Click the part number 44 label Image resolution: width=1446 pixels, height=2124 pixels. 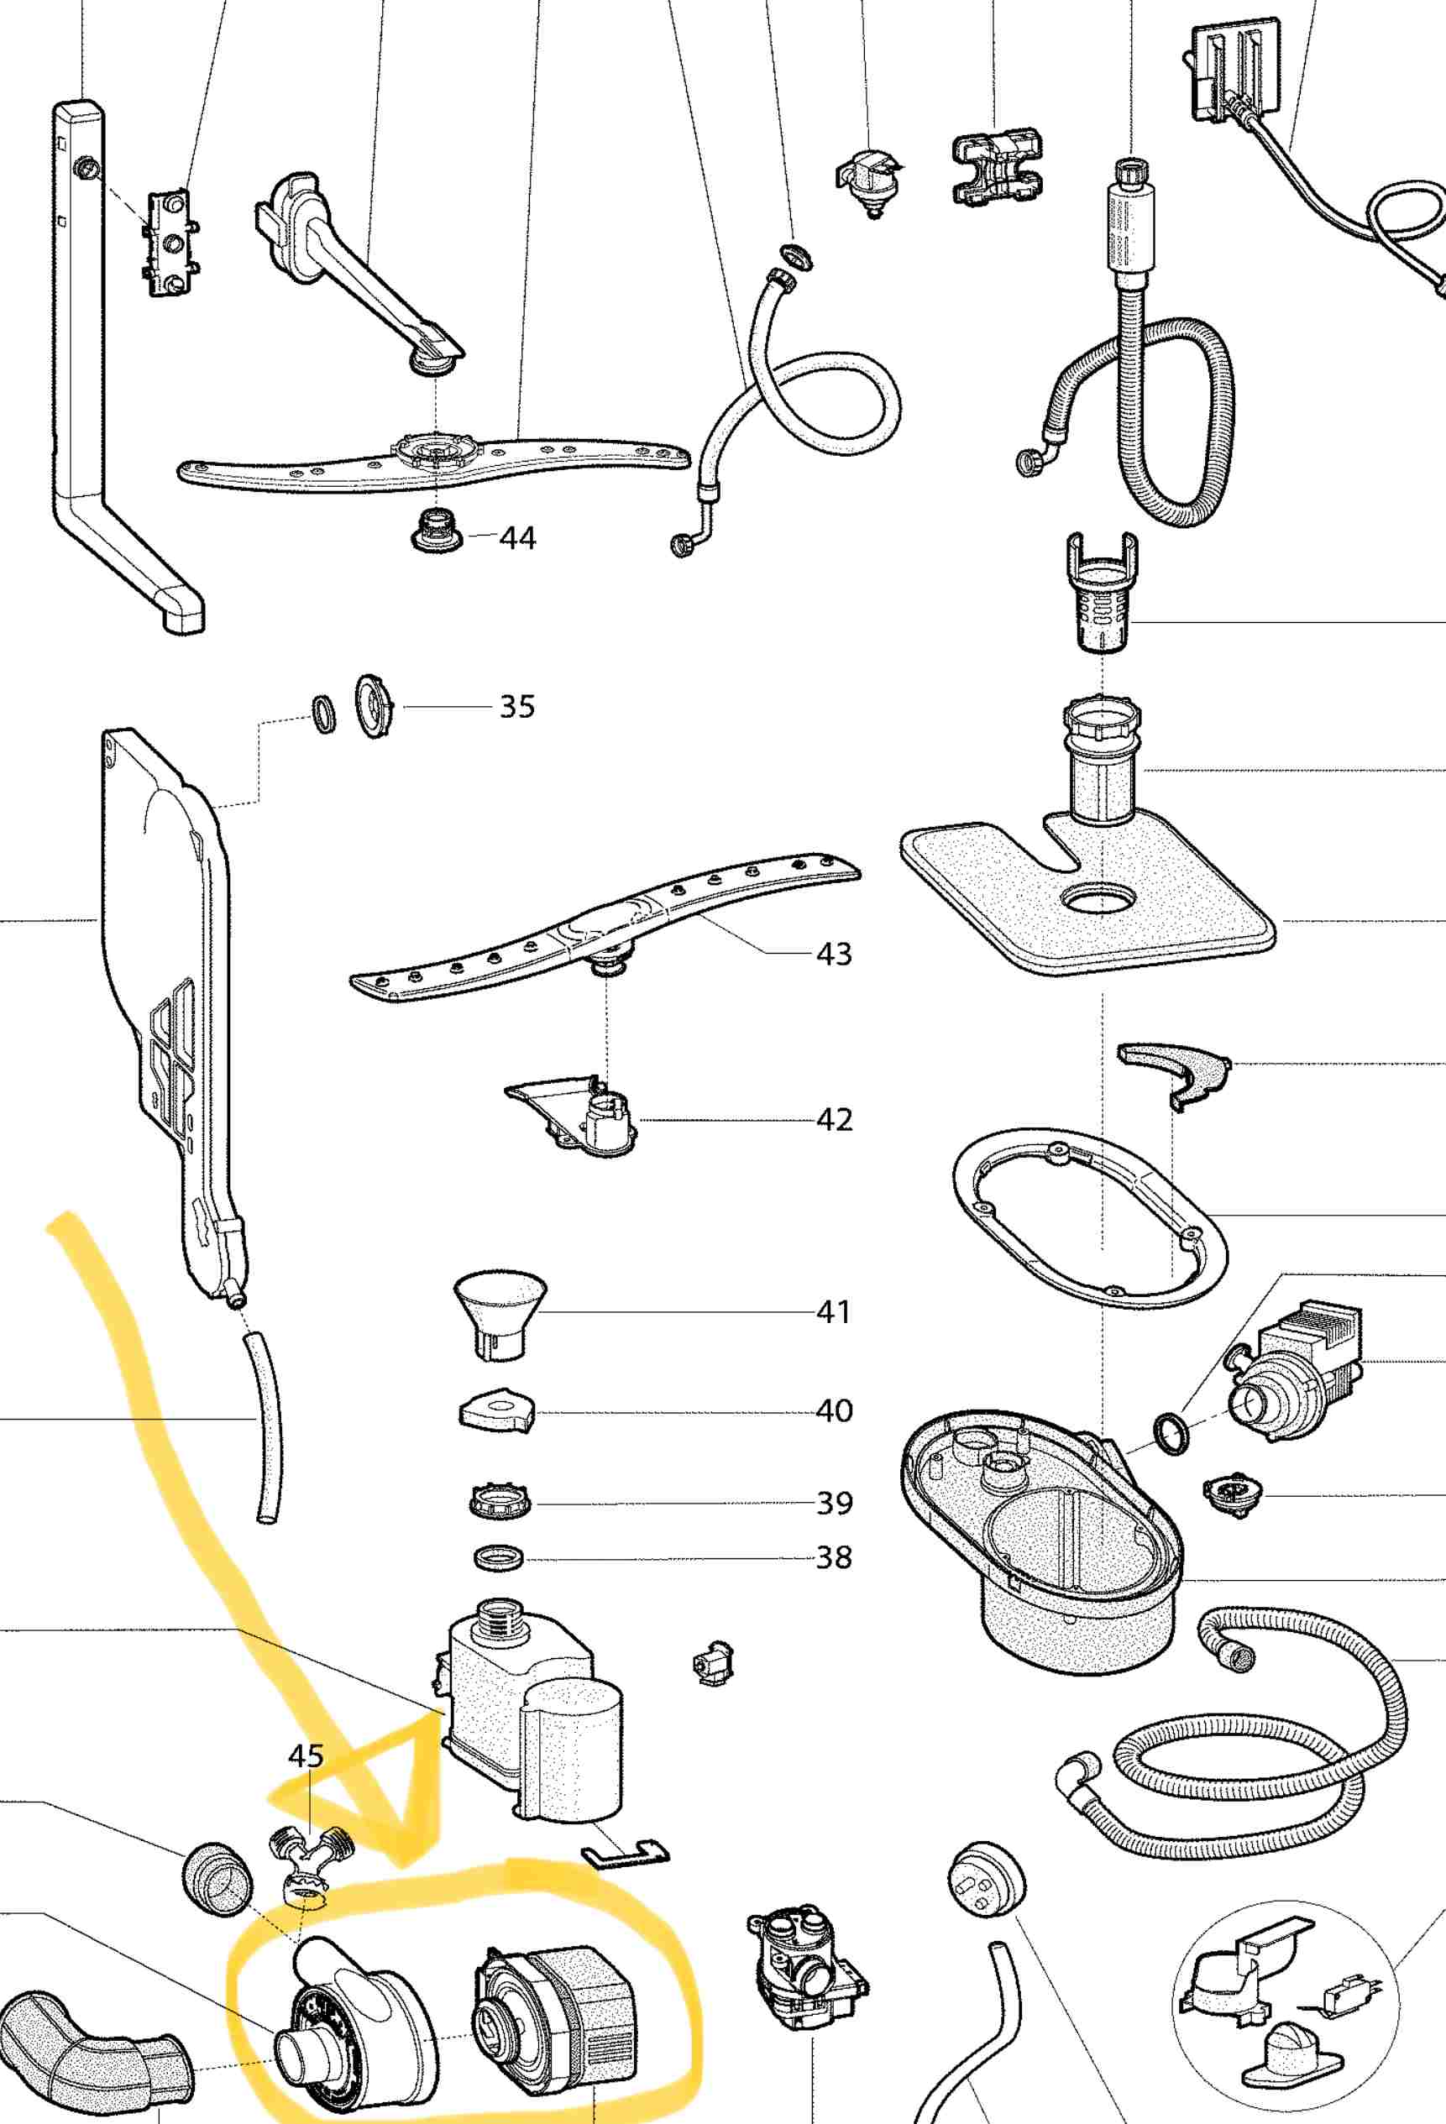(517, 537)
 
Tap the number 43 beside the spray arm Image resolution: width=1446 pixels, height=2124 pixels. (834, 955)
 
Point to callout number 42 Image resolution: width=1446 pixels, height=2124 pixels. (834, 1120)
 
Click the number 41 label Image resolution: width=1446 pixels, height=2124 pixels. (834, 1311)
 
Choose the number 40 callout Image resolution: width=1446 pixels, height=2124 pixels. (834, 1410)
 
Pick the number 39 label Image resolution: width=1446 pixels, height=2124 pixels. (834, 1503)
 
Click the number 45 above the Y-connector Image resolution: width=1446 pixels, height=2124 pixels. (306, 1755)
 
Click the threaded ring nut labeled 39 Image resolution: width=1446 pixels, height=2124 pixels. (499, 1503)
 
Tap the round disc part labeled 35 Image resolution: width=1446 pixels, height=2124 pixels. (373, 707)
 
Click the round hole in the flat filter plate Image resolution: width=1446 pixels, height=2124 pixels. (1101, 900)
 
